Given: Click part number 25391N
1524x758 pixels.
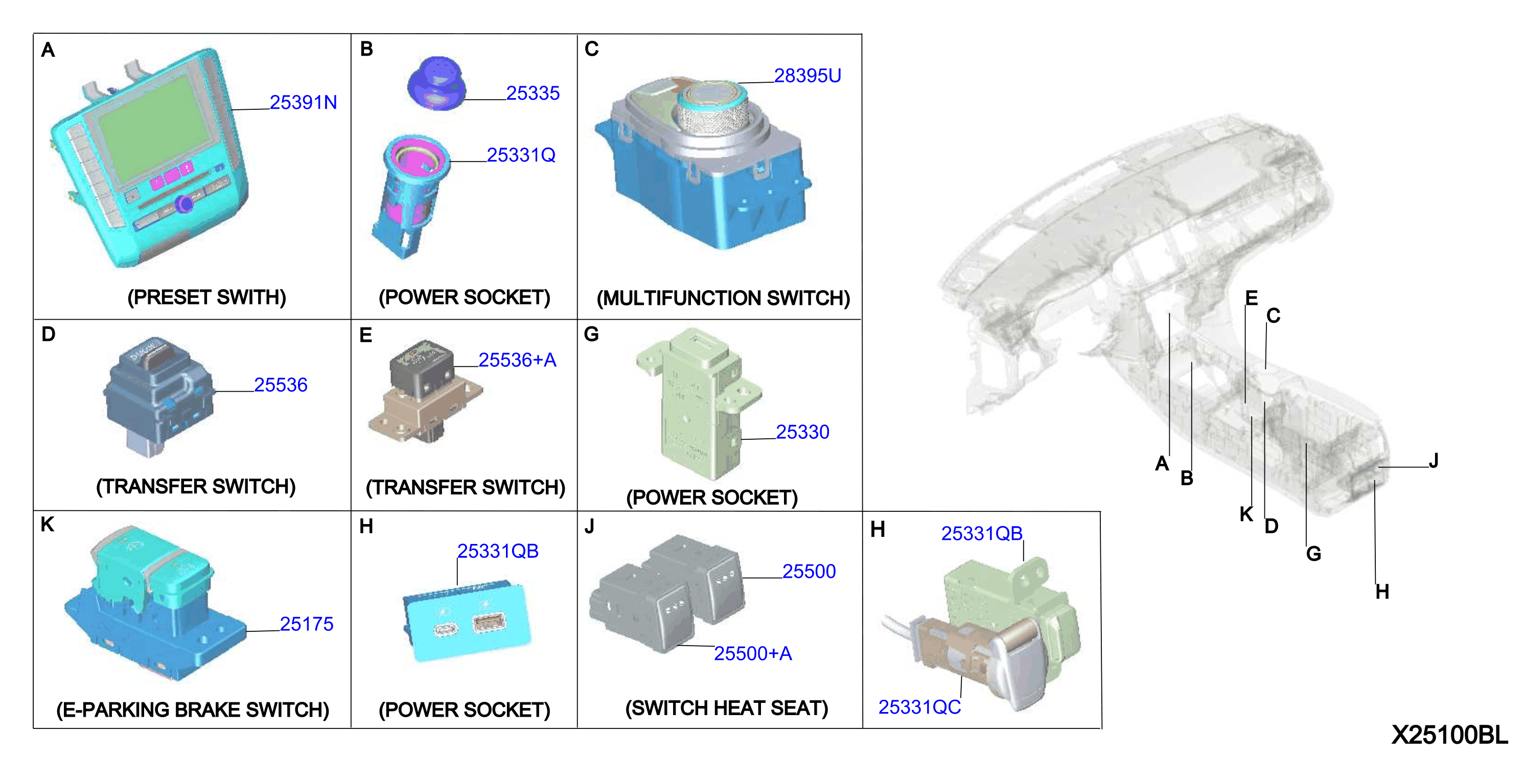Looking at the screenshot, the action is pos(303,102).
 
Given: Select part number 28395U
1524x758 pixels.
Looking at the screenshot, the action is pos(807,76).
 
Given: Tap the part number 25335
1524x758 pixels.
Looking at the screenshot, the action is pos(533,93).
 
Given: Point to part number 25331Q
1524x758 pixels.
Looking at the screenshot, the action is pos(521,155).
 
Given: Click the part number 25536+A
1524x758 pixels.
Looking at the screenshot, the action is pos(517,360).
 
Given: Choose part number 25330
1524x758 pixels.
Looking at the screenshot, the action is pos(802,432).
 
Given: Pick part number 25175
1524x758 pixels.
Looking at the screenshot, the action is pos(307,624).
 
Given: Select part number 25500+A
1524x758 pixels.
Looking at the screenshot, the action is pos(752,653).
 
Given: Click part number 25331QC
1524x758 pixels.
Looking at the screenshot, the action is pos(919,706).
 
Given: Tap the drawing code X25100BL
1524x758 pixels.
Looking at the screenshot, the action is pos(1449,735).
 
